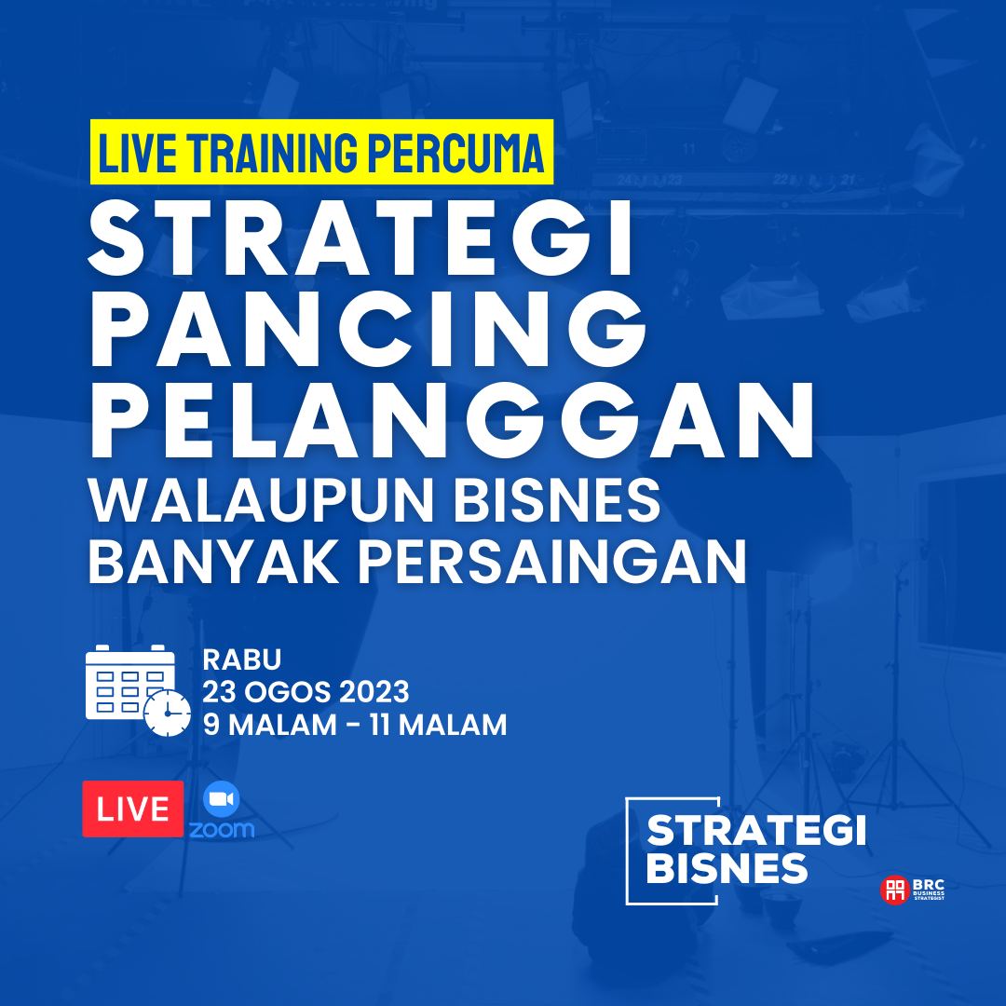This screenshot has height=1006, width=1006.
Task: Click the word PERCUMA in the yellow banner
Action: [455, 154]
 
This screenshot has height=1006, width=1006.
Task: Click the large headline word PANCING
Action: [368, 329]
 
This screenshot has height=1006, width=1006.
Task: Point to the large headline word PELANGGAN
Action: [453, 420]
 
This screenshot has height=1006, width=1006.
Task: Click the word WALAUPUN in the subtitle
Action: [262, 500]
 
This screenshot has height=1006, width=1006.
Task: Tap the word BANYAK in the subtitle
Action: [213, 562]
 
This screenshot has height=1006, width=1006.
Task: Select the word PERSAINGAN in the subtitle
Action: [552, 562]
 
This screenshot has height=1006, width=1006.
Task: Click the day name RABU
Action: [242, 659]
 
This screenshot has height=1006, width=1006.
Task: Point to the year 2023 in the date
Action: [374, 692]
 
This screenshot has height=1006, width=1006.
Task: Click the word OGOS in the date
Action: [287, 692]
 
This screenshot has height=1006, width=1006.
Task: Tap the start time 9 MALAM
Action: [270, 726]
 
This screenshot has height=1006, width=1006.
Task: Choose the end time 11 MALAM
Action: [438, 726]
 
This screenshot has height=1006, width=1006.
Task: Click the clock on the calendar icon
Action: [168, 713]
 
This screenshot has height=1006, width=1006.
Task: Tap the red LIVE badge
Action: [133, 809]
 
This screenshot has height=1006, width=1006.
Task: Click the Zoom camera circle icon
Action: [222, 799]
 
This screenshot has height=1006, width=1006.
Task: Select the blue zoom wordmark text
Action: [222, 830]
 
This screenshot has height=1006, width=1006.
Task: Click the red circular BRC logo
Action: [894, 890]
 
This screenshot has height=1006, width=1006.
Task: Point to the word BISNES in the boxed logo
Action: [727, 869]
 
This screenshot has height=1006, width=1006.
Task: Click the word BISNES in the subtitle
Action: [557, 500]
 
